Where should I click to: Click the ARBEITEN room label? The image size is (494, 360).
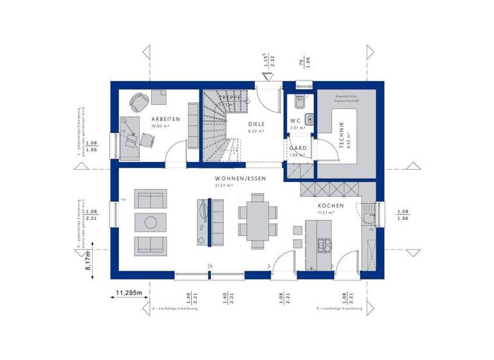(x=165, y=120)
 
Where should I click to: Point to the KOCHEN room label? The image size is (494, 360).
(x=330, y=206)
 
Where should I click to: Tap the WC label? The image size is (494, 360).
(x=295, y=121)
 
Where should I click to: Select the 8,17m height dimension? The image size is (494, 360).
(x=89, y=262)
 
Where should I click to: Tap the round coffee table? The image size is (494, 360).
(x=151, y=222)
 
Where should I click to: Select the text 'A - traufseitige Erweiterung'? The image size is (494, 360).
(x=175, y=309)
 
